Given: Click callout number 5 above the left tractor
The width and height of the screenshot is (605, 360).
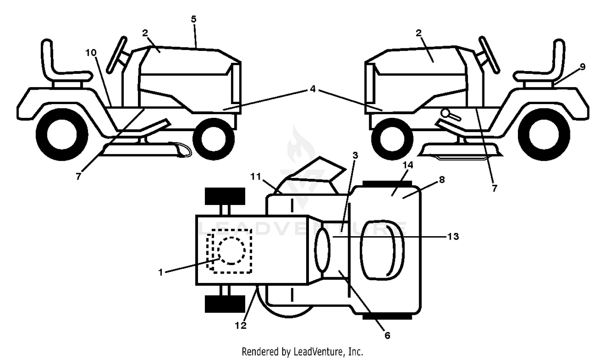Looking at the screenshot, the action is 193,19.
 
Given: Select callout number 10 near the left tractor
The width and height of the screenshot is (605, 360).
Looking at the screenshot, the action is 91,53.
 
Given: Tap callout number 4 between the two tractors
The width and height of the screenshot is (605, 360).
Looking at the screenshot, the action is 313,89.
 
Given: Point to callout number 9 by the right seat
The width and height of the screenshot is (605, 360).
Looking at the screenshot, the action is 582,67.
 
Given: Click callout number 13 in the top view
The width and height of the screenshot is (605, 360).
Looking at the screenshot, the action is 453,237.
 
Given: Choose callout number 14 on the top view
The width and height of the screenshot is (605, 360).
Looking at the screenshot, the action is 408,165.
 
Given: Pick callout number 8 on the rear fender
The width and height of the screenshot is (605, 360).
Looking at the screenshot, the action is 442,180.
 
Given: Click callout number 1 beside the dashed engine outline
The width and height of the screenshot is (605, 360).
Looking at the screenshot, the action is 161,272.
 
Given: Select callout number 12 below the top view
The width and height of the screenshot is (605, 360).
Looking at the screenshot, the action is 241,326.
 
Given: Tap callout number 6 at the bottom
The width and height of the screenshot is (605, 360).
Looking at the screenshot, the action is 387,335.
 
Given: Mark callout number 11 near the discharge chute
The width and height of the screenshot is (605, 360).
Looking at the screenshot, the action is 255,177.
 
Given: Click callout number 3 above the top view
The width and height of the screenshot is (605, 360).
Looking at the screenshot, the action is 355,155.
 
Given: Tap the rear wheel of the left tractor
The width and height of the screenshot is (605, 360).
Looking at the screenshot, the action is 62,134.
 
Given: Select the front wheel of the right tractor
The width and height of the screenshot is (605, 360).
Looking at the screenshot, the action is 392,139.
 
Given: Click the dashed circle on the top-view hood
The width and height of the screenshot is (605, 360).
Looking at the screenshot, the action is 232,250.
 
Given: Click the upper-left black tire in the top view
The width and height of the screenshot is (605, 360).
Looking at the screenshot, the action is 225,196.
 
